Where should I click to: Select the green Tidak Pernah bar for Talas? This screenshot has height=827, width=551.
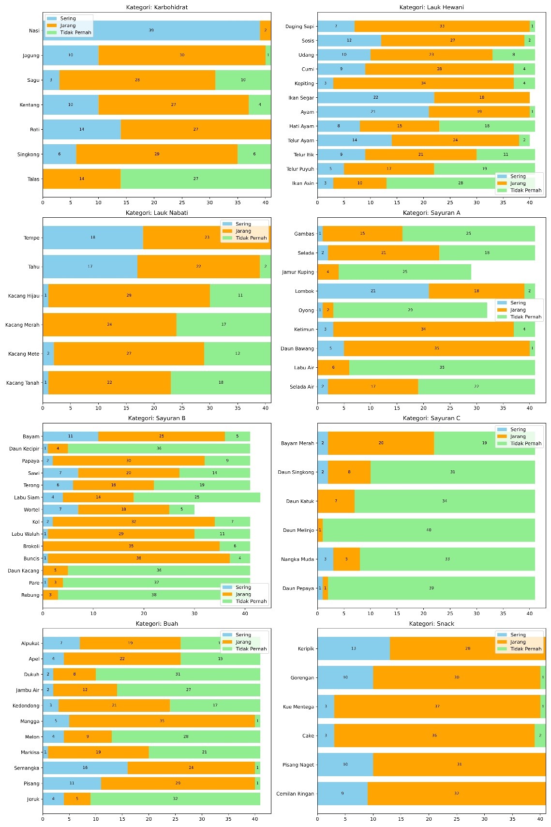195,179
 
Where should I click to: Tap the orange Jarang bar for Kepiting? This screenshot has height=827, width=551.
423,83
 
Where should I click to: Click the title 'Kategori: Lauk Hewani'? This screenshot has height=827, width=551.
432,7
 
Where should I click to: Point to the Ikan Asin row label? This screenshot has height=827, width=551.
303,183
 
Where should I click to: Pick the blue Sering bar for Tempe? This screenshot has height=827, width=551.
93,238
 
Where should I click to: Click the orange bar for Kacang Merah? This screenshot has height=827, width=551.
109,325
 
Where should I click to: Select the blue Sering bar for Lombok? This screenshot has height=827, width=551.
373,291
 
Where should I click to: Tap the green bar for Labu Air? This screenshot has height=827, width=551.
442,368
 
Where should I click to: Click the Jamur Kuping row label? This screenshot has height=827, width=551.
298,272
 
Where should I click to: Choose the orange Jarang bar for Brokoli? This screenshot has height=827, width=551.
131,546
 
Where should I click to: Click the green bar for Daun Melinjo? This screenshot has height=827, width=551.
429,530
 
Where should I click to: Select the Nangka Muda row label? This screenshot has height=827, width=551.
298,559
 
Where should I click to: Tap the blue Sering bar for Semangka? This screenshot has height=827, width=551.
85,767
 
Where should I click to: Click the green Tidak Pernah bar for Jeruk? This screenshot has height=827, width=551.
175,799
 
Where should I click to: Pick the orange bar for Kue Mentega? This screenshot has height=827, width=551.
437,707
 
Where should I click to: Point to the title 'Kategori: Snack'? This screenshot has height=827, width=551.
432,624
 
